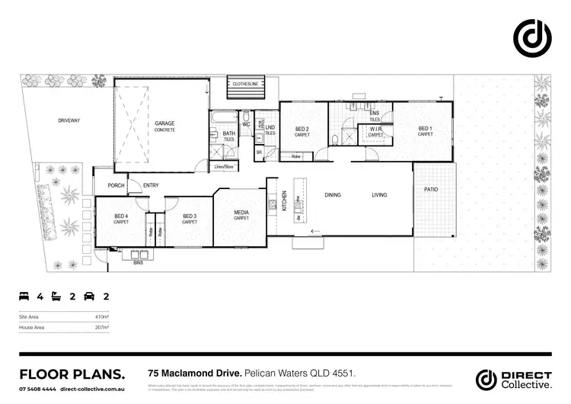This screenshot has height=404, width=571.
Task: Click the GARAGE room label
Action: pyautogui.click(x=165, y=123)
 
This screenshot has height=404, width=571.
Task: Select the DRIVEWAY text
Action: pyautogui.click(x=69, y=120)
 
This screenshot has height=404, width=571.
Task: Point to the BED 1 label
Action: pyautogui.click(x=425, y=128)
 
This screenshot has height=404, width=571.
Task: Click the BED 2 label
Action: pyautogui.click(x=302, y=129)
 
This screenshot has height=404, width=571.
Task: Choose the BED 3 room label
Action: pyautogui.click(x=190, y=216)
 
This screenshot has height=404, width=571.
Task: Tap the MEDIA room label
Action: pyautogui.click(x=241, y=213)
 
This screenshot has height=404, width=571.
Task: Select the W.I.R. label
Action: pyautogui.click(x=375, y=129)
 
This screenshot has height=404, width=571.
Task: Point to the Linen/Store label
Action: pyautogui.click(x=224, y=166)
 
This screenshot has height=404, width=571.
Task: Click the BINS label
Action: pyautogui.click(x=138, y=261)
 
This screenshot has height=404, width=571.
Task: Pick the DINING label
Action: pyautogui.click(x=333, y=195)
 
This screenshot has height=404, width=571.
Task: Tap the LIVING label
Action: pyautogui.click(x=379, y=195)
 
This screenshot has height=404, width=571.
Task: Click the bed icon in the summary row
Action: pyautogui.click(x=24, y=295)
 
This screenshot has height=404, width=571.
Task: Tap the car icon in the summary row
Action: pyautogui.click(x=89, y=295)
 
